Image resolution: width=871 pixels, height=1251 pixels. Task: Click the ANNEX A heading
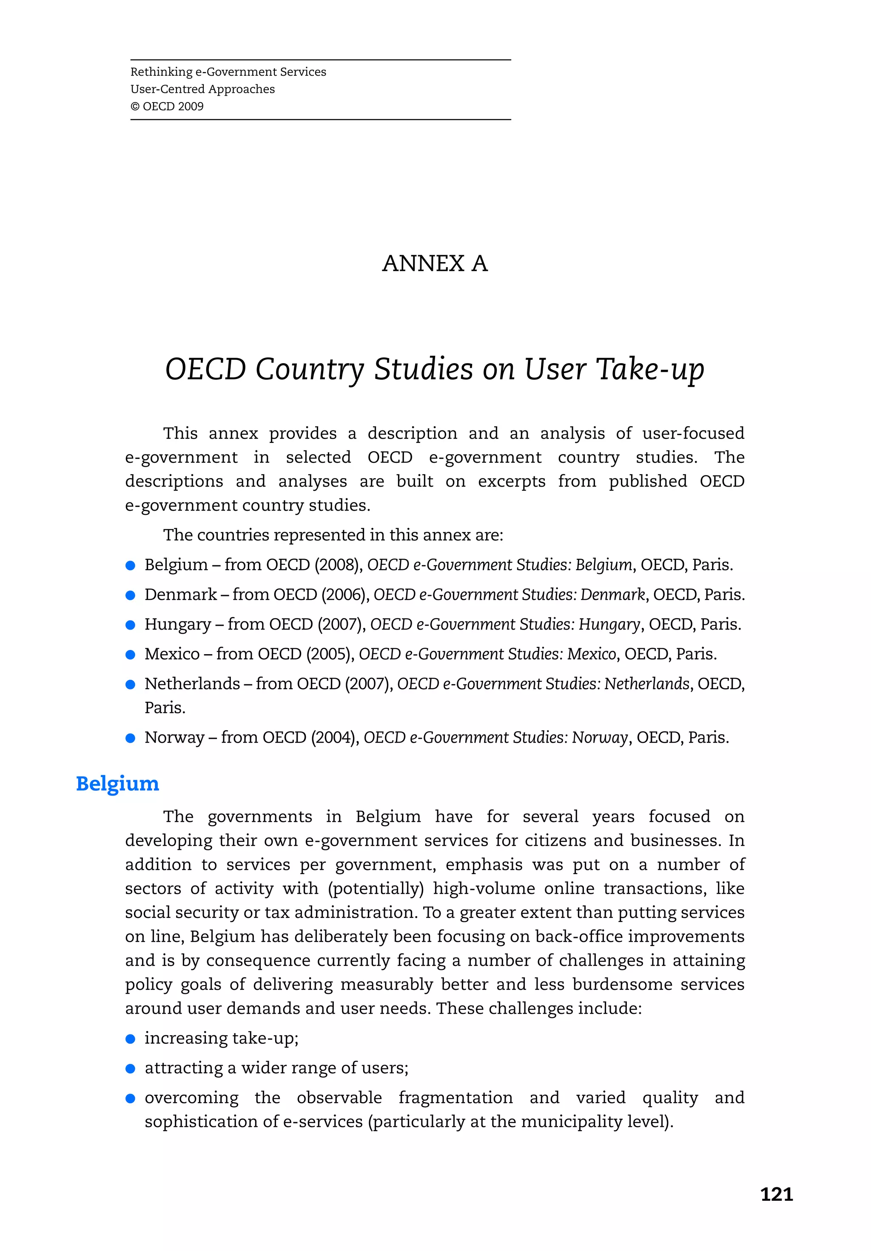tap(435, 264)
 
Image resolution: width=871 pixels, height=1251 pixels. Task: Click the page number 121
tap(776, 1194)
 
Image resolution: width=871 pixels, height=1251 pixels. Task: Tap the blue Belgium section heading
tap(117, 784)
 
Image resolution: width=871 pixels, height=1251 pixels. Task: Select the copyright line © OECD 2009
tap(167, 106)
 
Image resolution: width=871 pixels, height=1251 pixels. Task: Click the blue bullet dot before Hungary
tap(130, 625)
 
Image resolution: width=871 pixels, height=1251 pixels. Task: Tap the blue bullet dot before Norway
tap(130, 738)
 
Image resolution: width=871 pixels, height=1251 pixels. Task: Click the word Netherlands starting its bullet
tap(192, 684)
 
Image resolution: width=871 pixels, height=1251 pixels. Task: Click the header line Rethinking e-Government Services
tap(228, 72)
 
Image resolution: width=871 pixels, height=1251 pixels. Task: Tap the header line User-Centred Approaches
tap(202, 89)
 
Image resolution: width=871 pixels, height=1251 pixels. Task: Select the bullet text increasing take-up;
tap(221, 1038)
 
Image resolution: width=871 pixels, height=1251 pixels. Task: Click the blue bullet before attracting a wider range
tap(130, 1069)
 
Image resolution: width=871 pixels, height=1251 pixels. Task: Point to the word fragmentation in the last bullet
tap(455, 1097)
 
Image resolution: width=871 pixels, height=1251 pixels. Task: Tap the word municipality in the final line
tap(572, 1122)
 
